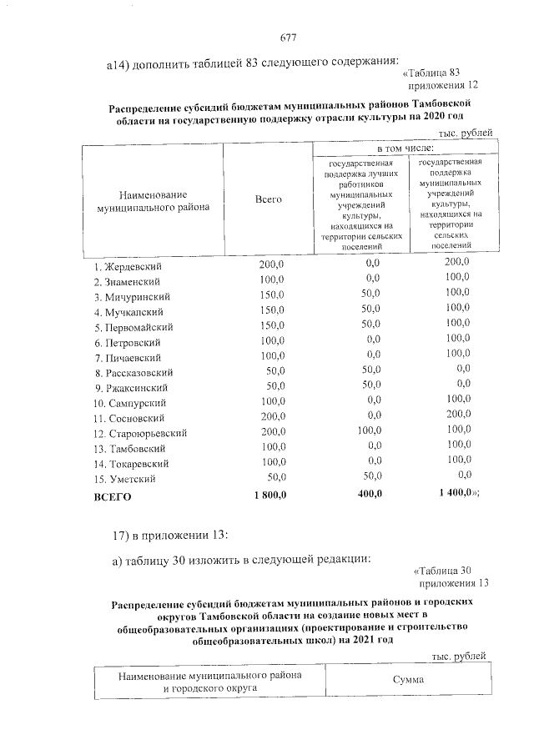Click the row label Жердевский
tap(128, 266)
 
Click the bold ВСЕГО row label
tap(112, 496)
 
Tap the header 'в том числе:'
tap(406, 148)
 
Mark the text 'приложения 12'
tap(442, 85)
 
